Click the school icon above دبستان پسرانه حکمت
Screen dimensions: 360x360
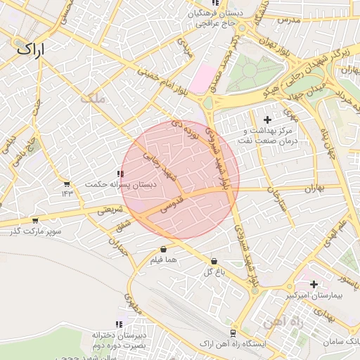pyautogui.click(x=121, y=173)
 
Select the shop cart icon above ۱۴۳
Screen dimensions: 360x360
pyautogui.click(x=67, y=184)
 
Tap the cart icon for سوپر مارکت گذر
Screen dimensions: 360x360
pyautogui.click(x=34, y=220)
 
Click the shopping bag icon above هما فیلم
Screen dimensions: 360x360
pyautogui.click(x=163, y=249)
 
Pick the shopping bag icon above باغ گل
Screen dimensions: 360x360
pyautogui.click(x=213, y=261)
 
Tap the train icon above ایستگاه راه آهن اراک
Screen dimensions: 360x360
pyautogui.click(x=231, y=333)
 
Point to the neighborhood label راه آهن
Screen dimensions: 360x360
pyautogui.click(x=281, y=322)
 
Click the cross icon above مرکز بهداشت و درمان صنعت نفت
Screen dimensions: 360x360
pyautogui.click(x=266, y=120)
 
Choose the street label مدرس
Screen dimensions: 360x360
pyautogui.click(x=288, y=21)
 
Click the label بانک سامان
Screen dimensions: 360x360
pyautogui.click(x=340, y=341)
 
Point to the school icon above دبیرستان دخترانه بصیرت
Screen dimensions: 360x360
pyautogui.click(x=119, y=324)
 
